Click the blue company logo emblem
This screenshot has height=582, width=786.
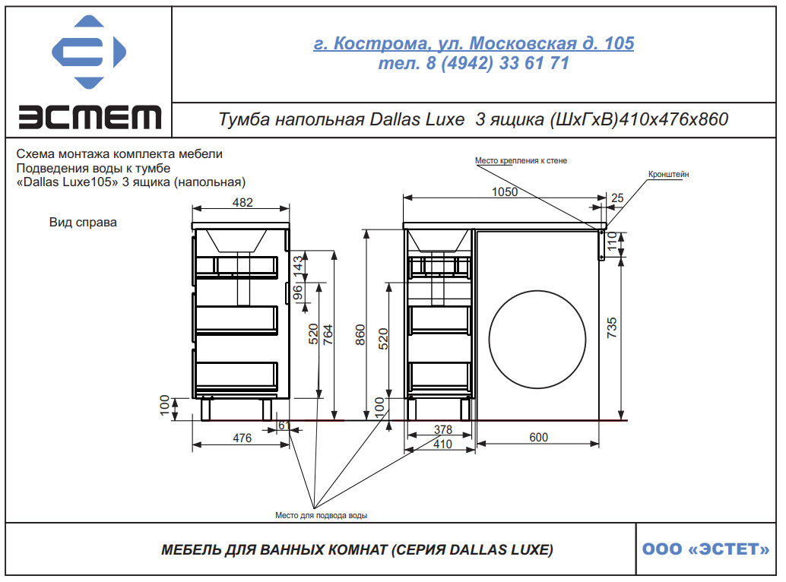[89, 52]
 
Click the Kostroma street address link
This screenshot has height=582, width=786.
[474, 43]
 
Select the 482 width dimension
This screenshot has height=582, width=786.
[242, 202]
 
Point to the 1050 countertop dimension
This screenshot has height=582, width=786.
[505, 191]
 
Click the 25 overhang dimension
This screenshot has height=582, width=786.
[617, 198]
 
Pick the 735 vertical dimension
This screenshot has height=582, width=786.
[612, 328]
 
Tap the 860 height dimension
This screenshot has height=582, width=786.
[360, 335]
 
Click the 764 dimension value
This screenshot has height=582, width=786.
[328, 334]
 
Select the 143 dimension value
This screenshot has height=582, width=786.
[298, 265]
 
